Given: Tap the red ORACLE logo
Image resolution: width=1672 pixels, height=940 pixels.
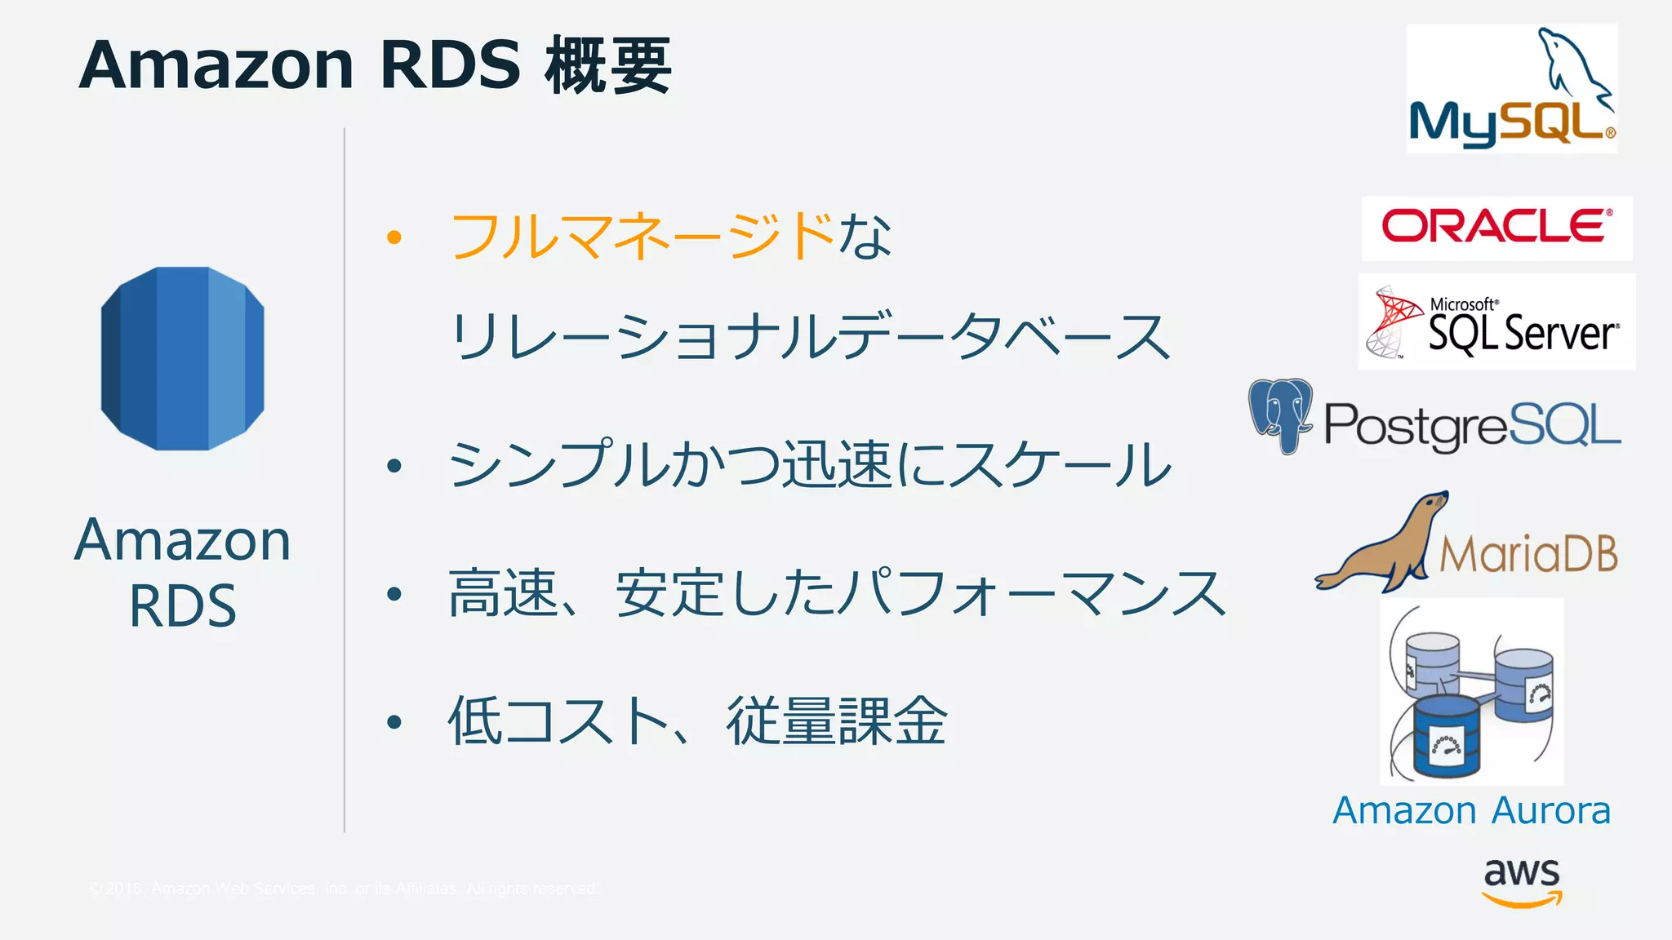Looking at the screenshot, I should pyautogui.click(x=1496, y=227).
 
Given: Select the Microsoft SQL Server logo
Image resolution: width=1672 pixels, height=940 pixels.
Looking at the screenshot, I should pyautogui.click(x=1496, y=323).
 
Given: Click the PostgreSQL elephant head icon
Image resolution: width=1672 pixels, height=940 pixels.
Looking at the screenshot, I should pyautogui.click(x=1281, y=415).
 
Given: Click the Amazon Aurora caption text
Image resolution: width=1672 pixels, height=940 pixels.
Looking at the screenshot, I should pyautogui.click(x=1471, y=811).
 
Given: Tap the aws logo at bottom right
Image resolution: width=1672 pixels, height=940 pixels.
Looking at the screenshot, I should pyautogui.click(x=1522, y=882).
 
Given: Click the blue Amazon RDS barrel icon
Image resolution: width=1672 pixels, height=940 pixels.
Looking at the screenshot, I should pyautogui.click(x=182, y=358).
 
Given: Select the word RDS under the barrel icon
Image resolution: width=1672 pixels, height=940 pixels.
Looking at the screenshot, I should pyautogui.click(x=183, y=606).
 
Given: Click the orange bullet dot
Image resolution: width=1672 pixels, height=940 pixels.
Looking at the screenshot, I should pyautogui.click(x=394, y=237).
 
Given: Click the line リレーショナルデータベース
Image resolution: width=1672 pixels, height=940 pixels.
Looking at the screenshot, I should pyautogui.click(x=810, y=337).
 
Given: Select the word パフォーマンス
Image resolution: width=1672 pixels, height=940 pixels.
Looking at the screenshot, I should pyautogui.click(x=1033, y=593).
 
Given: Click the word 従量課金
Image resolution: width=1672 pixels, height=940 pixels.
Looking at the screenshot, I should pyautogui.click(x=837, y=721).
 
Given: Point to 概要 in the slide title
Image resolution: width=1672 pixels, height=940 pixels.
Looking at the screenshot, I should pyautogui.click(x=609, y=65).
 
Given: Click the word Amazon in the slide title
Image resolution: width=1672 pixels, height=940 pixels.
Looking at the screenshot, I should pyautogui.click(x=216, y=65).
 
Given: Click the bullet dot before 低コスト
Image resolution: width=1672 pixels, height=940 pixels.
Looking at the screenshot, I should pyautogui.click(x=394, y=722).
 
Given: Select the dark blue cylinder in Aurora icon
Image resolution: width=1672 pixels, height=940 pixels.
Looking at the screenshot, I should pyautogui.click(x=1447, y=736).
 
